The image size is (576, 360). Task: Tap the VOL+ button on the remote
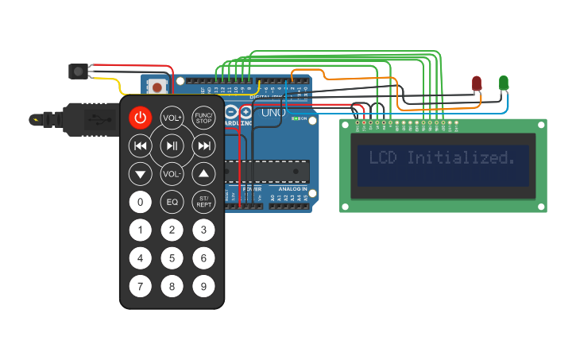(172, 118)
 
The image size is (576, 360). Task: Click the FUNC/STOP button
(204, 118)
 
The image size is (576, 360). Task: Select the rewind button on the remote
(141, 145)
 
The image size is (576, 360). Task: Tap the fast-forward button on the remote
(204, 145)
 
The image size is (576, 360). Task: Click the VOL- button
(172, 173)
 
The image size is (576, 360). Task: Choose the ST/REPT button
(204, 202)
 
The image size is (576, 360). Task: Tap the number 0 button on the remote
(141, 202)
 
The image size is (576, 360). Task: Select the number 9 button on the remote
(204, 285)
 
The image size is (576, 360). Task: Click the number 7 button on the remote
(141, 285)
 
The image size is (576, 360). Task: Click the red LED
(477, 83)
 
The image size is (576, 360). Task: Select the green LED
(503, 82)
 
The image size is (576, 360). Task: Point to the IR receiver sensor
(78, 72)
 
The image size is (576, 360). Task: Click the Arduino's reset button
(158, 87)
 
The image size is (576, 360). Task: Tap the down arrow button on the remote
(141, 173)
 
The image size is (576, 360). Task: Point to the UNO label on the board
(273, 113)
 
